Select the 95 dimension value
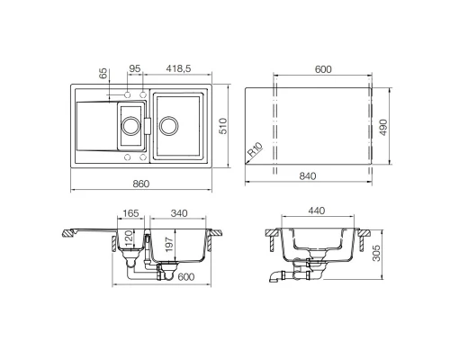point(134,68)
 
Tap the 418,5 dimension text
point(182,68)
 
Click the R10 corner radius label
point(256,151)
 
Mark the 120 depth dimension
point(129,239)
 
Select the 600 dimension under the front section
point(186,277)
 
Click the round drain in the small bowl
point(130,126)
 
